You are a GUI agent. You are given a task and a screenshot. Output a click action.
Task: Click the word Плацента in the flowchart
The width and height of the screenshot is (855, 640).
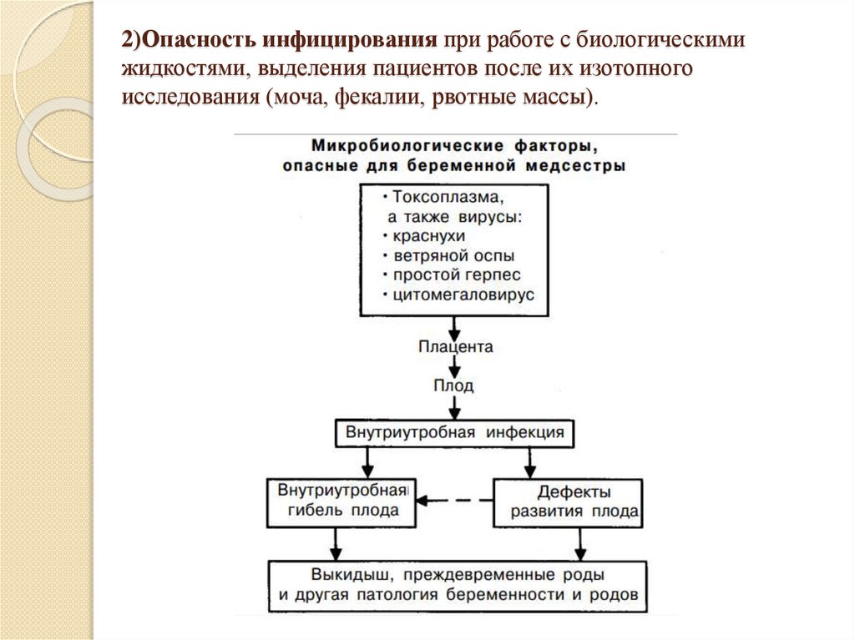pyautogui.click(x=454, y=346)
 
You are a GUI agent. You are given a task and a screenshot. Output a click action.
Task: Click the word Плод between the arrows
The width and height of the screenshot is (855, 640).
pyautogui.click(x=454, y=386)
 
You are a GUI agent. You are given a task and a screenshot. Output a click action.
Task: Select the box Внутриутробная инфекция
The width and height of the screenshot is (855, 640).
pyautogui.click(x=454, y=433)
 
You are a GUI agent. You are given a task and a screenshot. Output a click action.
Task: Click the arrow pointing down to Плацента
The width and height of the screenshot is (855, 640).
pyautogui.click(x=454, y=326)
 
